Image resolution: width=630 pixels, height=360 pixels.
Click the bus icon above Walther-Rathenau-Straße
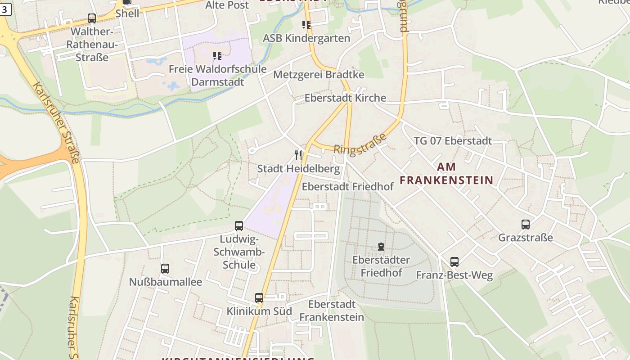92,18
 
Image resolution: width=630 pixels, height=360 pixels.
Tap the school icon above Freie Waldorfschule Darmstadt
217,56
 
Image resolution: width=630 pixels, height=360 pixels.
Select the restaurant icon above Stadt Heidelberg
298,155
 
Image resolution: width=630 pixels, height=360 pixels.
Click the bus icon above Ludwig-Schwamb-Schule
239,226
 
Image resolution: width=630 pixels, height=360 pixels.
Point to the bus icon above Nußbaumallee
165,269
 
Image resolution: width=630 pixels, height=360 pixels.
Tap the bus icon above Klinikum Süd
259,298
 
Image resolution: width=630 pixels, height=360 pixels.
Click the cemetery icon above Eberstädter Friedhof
381,247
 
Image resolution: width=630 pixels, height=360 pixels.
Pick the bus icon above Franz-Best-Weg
454,262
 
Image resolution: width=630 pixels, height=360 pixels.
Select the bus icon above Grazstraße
526,225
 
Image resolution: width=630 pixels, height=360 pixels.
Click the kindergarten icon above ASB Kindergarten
306,25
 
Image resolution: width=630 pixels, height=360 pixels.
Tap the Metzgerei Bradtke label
319,74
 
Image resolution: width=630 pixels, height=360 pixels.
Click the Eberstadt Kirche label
345,98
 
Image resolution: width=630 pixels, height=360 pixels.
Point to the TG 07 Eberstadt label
453,141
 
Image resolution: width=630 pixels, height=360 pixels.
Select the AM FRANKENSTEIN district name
446,174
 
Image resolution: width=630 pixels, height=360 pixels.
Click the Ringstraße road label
360,144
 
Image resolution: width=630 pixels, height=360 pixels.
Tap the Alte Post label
227,5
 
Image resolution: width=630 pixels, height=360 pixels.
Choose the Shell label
127,13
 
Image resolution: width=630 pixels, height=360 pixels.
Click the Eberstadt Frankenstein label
332,310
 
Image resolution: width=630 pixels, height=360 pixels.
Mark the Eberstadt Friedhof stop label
348,186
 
